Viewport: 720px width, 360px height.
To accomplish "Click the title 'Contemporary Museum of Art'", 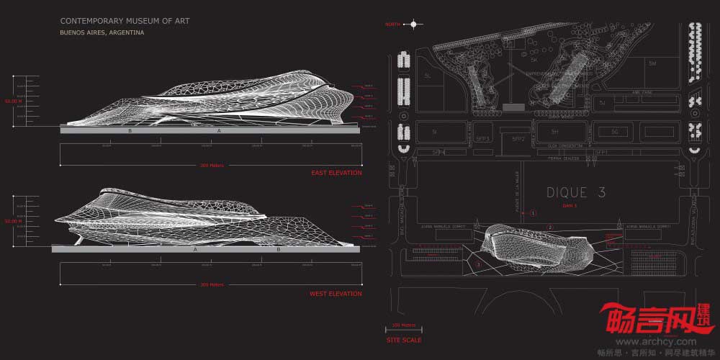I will click(x=125, y=22).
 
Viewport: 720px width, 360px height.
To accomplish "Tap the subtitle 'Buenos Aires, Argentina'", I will click(x=102, y=33).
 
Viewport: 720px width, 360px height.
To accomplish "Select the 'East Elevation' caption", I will click(x=336, y=173).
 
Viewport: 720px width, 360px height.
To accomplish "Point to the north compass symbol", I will click(x=413, y=24).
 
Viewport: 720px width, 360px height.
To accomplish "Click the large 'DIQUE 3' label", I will click(x=576, y=193).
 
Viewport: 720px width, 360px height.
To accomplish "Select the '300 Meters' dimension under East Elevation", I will click(x=212, y=165).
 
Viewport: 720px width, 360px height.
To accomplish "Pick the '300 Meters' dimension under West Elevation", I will click(x=212, y=285).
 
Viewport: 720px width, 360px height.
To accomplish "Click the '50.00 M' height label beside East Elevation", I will click(x=13, y=102).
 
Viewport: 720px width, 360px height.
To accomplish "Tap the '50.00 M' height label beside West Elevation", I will click(x=13, y=222).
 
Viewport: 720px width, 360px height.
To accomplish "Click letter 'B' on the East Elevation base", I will click(x=130, y=131).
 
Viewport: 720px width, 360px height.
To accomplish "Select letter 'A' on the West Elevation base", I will click(x=195, y=249).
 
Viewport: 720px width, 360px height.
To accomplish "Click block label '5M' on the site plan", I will click(x=652, y=64).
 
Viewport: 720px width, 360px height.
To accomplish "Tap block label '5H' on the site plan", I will click(x=554, y=132).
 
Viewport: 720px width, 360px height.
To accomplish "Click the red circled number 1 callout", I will click(x=533, y=213).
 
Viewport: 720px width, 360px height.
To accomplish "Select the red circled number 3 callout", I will click(x=478, y=265).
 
